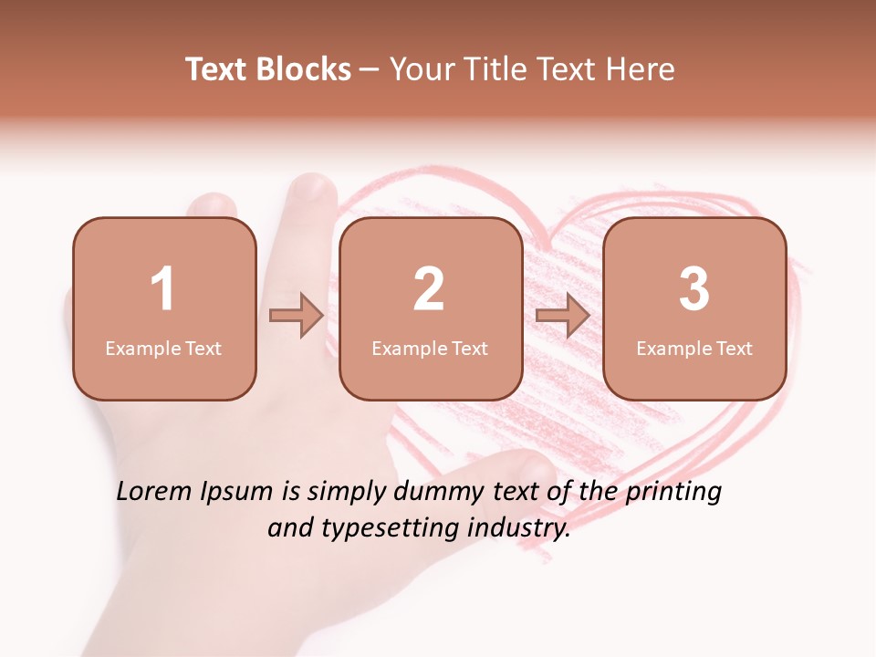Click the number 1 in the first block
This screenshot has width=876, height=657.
coord(163,289)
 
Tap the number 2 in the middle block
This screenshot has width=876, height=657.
coord(429,289)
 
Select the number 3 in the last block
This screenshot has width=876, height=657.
coord(694,289)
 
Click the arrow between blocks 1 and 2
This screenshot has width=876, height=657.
coord(297,316)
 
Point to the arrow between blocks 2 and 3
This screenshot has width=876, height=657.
coord(562,316)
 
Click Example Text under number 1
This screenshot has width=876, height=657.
coord(163,349)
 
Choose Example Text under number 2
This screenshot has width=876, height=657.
coord(430,349)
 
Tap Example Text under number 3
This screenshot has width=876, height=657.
coord(694,349)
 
